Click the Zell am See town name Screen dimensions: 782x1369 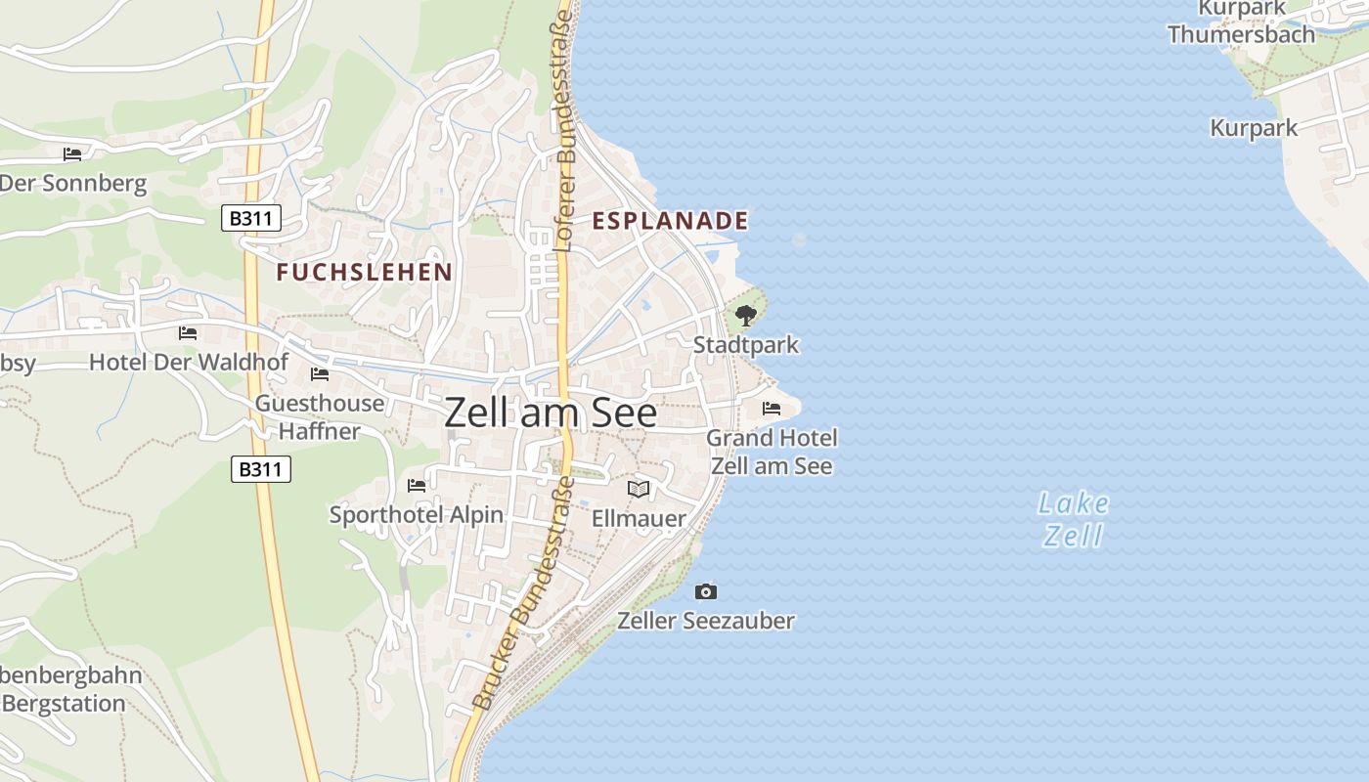(551, 413)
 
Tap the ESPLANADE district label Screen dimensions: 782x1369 (670, 221)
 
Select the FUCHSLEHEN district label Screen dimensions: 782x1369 (364, 272)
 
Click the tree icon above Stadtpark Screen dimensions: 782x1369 (746, 316)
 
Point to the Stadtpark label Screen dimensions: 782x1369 (745, 345)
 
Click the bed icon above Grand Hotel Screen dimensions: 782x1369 (772, 408)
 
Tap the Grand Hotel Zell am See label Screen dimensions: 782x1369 (772, 452)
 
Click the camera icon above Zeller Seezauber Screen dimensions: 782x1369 (705, 591)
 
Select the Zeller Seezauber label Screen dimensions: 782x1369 (705, 621)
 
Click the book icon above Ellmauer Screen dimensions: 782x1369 (639, 489)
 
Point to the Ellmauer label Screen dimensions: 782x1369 (639, 518)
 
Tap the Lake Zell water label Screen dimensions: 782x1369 (1074, 519)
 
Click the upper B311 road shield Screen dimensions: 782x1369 (250, 218)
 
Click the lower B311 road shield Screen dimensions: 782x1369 (261, 469)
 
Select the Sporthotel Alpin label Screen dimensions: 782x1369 (417, 515)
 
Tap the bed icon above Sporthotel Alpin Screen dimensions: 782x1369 (417, 486)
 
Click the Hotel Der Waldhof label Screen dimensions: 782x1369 (189, 363)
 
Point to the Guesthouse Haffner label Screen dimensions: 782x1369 (320, 416)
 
